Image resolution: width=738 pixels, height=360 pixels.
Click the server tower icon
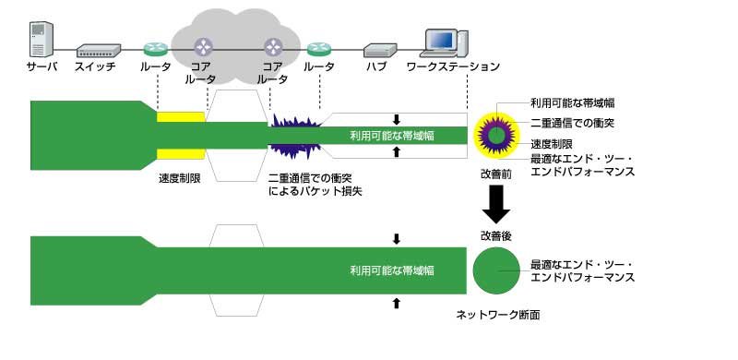(x=41, y=39)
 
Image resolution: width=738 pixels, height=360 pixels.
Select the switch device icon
(x=99, y=51)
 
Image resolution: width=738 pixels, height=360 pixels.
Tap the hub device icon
(x=380, y=50)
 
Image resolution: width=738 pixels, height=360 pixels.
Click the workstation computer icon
(x=446, y=43)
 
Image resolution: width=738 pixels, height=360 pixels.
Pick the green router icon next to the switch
(x=155, y=48)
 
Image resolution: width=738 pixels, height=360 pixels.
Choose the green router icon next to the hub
(x=319, y=48)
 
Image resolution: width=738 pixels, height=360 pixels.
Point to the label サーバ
(x=42, y=66)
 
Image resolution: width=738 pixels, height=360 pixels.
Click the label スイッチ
(x=95, y=66)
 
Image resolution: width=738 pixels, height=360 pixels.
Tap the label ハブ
(x=376, y=66)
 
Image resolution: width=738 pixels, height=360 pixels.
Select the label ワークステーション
(x=453, y=66)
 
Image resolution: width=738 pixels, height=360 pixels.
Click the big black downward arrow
(x=496, y=204)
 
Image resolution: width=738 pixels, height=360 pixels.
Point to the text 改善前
(x=496, y=174)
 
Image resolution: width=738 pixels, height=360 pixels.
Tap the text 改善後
(x=496, y=235)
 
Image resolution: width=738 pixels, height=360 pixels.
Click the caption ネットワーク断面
(x=498, y=316)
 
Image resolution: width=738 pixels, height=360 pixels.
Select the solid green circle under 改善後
(x=496, y=270)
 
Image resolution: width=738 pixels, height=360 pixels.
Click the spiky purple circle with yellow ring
(x=496, y=136)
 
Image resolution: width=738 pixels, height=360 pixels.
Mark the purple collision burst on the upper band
(x=295, y=136)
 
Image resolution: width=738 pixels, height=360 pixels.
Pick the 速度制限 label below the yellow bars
(x=180, y=178)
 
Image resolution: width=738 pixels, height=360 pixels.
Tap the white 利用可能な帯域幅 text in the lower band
(x=392, y=270)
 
